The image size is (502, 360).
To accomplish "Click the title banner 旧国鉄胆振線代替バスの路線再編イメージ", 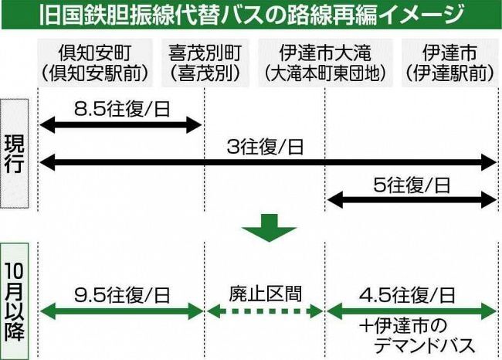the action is coord(251,14).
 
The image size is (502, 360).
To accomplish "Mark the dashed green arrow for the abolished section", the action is coord(263,313).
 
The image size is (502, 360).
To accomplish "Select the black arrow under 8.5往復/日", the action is coord(119,123).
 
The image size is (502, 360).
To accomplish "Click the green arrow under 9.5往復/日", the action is coord(119,313).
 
